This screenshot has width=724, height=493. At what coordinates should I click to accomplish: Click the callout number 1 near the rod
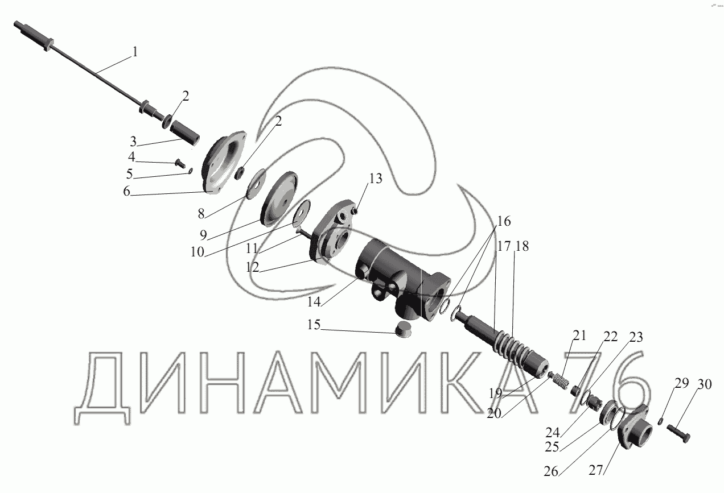(x=135, y=52)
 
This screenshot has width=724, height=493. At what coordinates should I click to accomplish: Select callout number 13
(x=376, y=179)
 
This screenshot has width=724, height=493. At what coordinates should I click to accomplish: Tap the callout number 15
(x=314, y=325)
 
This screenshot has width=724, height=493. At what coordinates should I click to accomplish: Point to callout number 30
(x=705, y=384)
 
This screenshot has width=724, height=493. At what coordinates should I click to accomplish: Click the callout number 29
(x=681, y=383)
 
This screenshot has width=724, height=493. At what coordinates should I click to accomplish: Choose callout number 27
(x=596, y=470)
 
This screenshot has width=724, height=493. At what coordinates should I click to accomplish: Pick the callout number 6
(x=127, y=192)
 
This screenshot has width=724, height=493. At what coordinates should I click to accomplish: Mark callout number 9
(x=203, y=235)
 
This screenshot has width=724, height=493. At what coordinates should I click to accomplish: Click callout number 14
(x=314, y=302)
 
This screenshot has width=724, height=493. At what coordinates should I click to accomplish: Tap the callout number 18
(x=522, y=246)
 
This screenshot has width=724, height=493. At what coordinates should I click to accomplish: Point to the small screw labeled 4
(x=180, y=163)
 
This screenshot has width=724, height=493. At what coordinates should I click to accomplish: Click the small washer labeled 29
(x=661, y=421)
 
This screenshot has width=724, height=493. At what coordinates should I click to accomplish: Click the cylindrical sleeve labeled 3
(x=185, y=132)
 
